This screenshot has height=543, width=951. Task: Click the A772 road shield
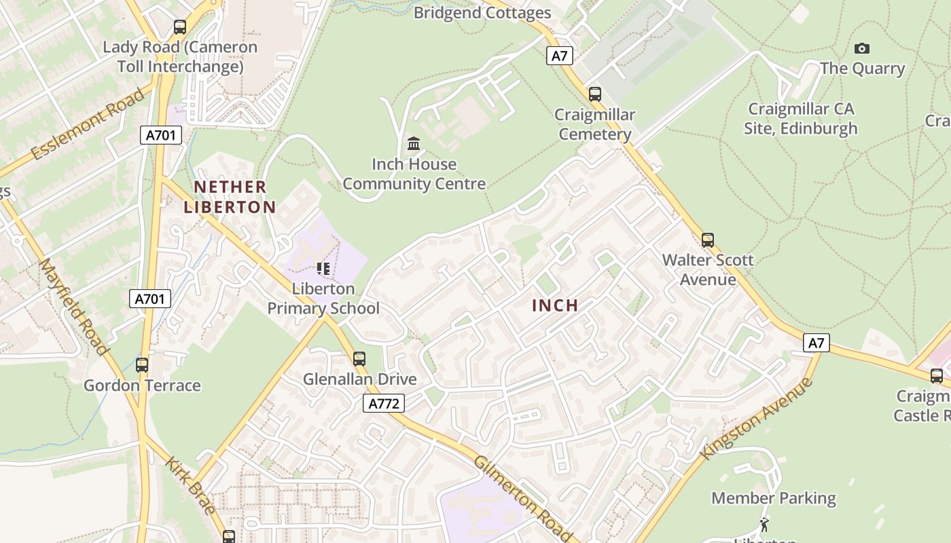pos(384,404)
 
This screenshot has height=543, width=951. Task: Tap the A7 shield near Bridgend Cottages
pos(559,56)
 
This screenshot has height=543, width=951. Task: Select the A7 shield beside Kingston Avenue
pos(816,343)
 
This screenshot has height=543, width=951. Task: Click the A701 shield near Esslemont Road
pos(161,135)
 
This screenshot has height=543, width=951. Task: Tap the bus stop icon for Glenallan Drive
pos(359,358)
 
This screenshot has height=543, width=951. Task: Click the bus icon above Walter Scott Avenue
pos(708,240)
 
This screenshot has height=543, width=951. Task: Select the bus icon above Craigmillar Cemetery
pos(595,94)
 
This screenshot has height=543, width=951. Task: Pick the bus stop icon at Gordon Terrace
pos(142,364)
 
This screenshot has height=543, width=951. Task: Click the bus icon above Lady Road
pos(180,27)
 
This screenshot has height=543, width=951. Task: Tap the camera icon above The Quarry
pos(862,48)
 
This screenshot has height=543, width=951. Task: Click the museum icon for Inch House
pos(414,143)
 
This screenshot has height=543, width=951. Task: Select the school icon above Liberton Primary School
pos(323,269)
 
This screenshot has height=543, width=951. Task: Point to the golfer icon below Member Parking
pos(764,524)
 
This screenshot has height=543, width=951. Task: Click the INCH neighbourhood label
pos(555,305)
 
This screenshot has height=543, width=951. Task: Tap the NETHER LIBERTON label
pos(230,197)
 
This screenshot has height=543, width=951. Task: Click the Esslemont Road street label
pos(88,124)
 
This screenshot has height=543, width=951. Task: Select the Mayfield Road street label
pos(73,306)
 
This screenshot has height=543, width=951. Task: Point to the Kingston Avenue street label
pos(757,418)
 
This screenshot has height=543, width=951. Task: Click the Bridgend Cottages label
pos(482,13)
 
